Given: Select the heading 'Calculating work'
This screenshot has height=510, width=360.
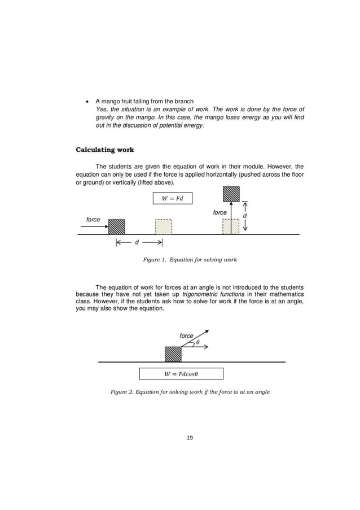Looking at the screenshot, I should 104,150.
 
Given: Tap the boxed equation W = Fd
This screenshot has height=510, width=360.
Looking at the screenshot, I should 172,198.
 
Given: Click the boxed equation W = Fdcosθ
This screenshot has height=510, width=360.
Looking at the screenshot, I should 181,374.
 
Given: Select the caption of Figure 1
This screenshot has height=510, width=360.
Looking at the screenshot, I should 190,260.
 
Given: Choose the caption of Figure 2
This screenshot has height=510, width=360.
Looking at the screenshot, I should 190,391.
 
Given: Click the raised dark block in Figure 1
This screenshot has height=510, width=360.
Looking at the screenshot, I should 231,193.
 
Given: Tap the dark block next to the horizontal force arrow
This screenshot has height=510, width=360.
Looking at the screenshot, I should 116,226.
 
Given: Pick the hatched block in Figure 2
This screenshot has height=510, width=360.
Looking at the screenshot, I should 173,354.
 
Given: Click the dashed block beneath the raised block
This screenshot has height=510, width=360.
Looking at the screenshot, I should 231,226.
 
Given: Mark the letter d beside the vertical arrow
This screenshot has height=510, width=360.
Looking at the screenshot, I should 245,216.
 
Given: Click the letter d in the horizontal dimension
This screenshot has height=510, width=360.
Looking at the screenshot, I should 135,243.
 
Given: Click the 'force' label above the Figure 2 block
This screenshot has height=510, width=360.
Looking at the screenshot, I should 186,335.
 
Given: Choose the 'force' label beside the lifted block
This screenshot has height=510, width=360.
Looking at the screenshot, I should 219,212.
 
